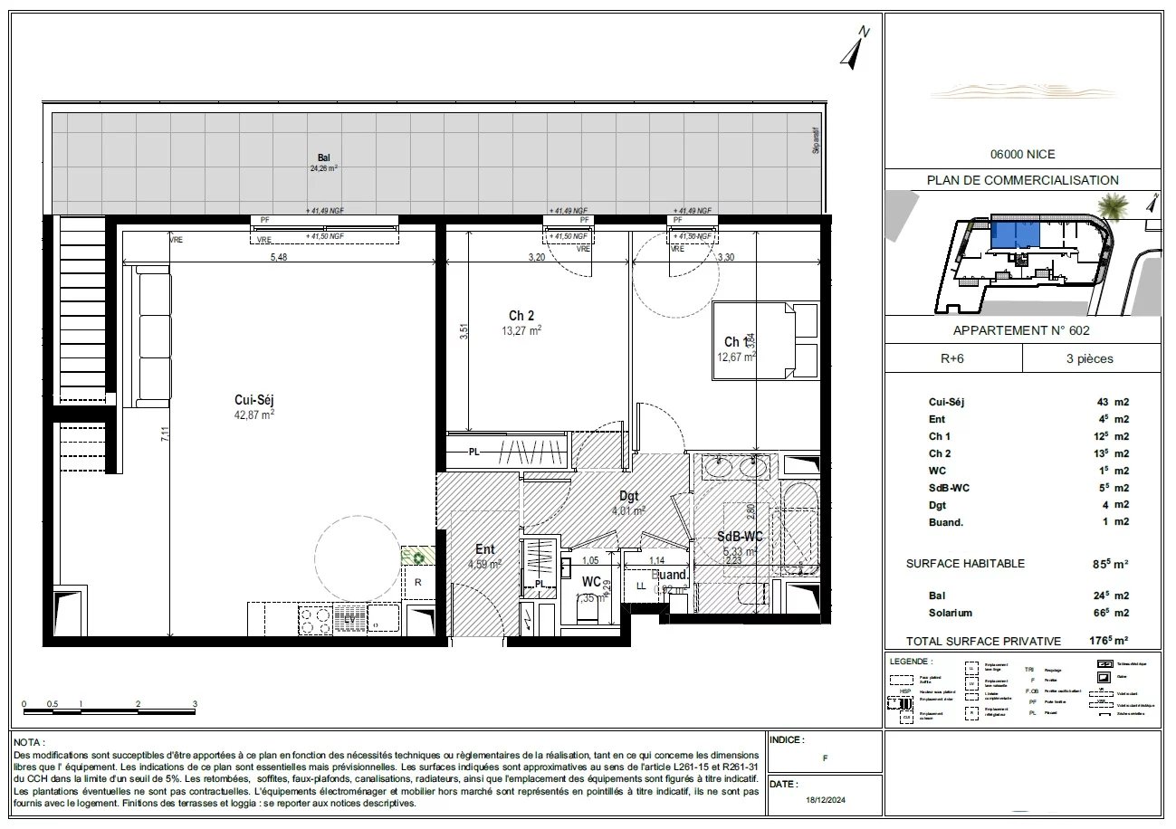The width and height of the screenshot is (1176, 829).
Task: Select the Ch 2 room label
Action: point(521,316)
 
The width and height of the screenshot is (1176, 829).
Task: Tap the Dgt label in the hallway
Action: point(629,496)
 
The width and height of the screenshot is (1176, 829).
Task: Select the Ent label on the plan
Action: point(485,548)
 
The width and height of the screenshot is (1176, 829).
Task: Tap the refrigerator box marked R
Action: point(418,582)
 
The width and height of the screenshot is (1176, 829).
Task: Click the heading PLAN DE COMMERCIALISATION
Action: point(1022,180)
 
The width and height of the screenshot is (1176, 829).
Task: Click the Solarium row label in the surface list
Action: point(950,613)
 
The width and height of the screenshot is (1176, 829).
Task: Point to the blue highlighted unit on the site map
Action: point(1016,237)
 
